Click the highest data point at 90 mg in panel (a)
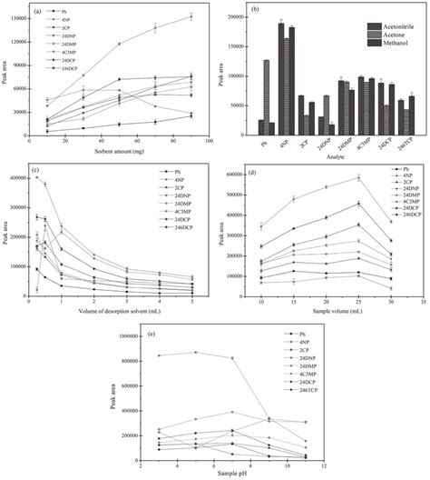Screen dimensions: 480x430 pos(191,16)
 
